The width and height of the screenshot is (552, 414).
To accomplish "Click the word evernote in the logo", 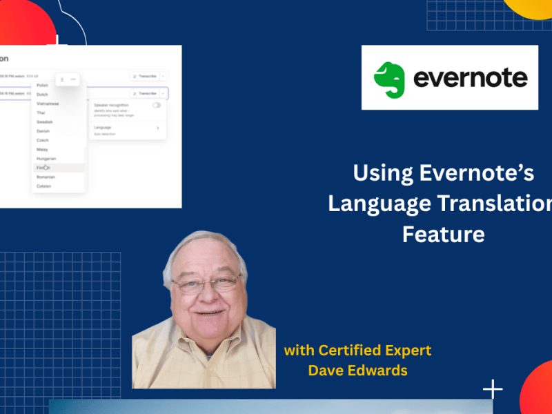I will coord(470,78).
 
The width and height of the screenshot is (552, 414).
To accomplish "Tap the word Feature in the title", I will coord(443,234).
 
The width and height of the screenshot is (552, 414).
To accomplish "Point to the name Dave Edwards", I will coord(357,371).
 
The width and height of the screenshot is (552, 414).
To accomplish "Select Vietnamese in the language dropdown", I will coord(48,103).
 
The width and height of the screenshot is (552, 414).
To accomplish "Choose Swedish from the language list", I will coord(45,121).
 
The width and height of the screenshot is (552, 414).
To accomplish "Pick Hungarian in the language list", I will coord(46,159).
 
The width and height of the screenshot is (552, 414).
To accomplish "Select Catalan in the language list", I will coord(44,186).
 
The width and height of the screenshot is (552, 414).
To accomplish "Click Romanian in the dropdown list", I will coord(46,177).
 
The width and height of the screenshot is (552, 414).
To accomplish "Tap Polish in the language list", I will coord(42,85).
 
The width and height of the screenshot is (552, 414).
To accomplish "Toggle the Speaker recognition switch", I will coord(157,105).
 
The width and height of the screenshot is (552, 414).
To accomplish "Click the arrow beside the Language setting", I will coord(157,128).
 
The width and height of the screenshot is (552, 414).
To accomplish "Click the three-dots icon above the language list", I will coord(73,79).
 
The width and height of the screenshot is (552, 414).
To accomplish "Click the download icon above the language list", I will coord(62,79).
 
